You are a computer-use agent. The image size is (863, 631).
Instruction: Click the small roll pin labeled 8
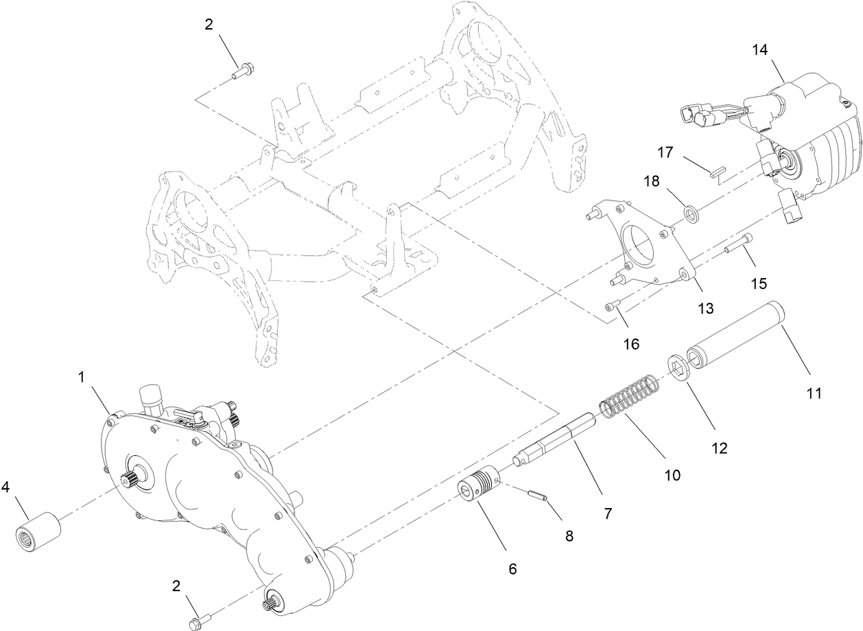(539, 495)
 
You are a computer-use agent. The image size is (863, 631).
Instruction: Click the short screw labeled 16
(614, 306)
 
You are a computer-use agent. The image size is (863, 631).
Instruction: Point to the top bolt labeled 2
(244, 71)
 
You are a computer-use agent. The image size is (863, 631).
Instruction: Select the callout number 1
(82, 377)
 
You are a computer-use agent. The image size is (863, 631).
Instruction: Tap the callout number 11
(813, 393)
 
